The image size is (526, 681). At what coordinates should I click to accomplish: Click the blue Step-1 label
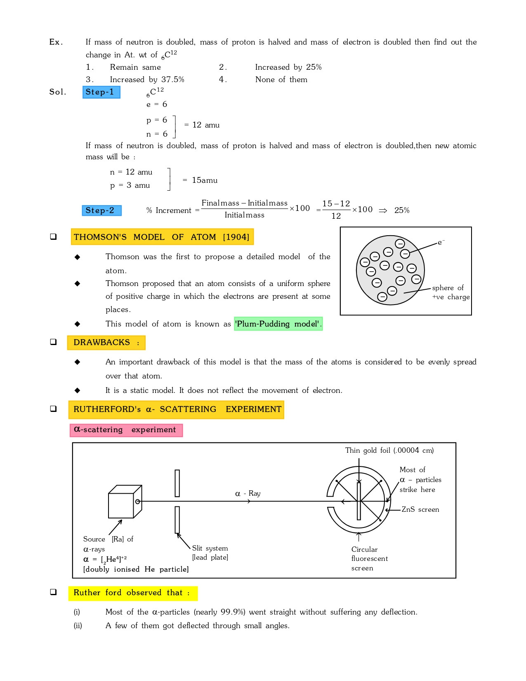pyautogui.click(x=101, y=92)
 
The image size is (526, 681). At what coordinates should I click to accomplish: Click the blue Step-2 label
pyautogui.click(x=101, y=210)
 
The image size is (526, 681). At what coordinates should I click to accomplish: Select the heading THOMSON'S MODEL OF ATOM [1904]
pyautogui.click(x=162, y=237)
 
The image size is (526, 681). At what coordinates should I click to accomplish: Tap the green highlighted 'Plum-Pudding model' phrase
pyautogui.click(x=278, y=324)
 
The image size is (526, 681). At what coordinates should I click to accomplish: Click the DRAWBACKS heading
pyautogui.click(x=106, y=343)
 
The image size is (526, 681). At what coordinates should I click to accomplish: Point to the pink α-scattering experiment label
pyautogui.click(x=126, y=430)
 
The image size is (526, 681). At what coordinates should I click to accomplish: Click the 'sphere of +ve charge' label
pyautogui.click(x=451, y=292)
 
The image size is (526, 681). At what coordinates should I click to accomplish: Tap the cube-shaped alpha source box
pyautogui.click(x=122, y=504)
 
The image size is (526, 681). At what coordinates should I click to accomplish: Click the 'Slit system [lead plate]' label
pyautogui.click(x=210, y=553)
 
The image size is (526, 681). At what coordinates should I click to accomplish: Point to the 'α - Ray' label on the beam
pyautogui.click(x=248, y=494)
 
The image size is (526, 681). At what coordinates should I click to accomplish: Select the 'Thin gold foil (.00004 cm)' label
pyautogui.click(x=389, y=450)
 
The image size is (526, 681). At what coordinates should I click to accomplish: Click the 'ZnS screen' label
pyautogui.click(x=420, y=510)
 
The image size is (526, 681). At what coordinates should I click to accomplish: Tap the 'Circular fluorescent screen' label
pyautogui.click(x=369, y=558)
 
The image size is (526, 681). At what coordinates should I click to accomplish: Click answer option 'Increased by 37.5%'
pyautogui.click(x=147, y=80)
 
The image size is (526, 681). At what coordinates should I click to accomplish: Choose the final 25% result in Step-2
pyautogui.click(x=401, y=210)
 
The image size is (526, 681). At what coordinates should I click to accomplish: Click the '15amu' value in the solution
pyautogui.click(x=205, y=180)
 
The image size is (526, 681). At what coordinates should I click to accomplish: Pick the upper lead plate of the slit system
pyautogui.click(x=177, y=483)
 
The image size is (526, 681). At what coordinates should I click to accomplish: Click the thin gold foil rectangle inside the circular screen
pyautogui.click(x=359, y=501)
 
